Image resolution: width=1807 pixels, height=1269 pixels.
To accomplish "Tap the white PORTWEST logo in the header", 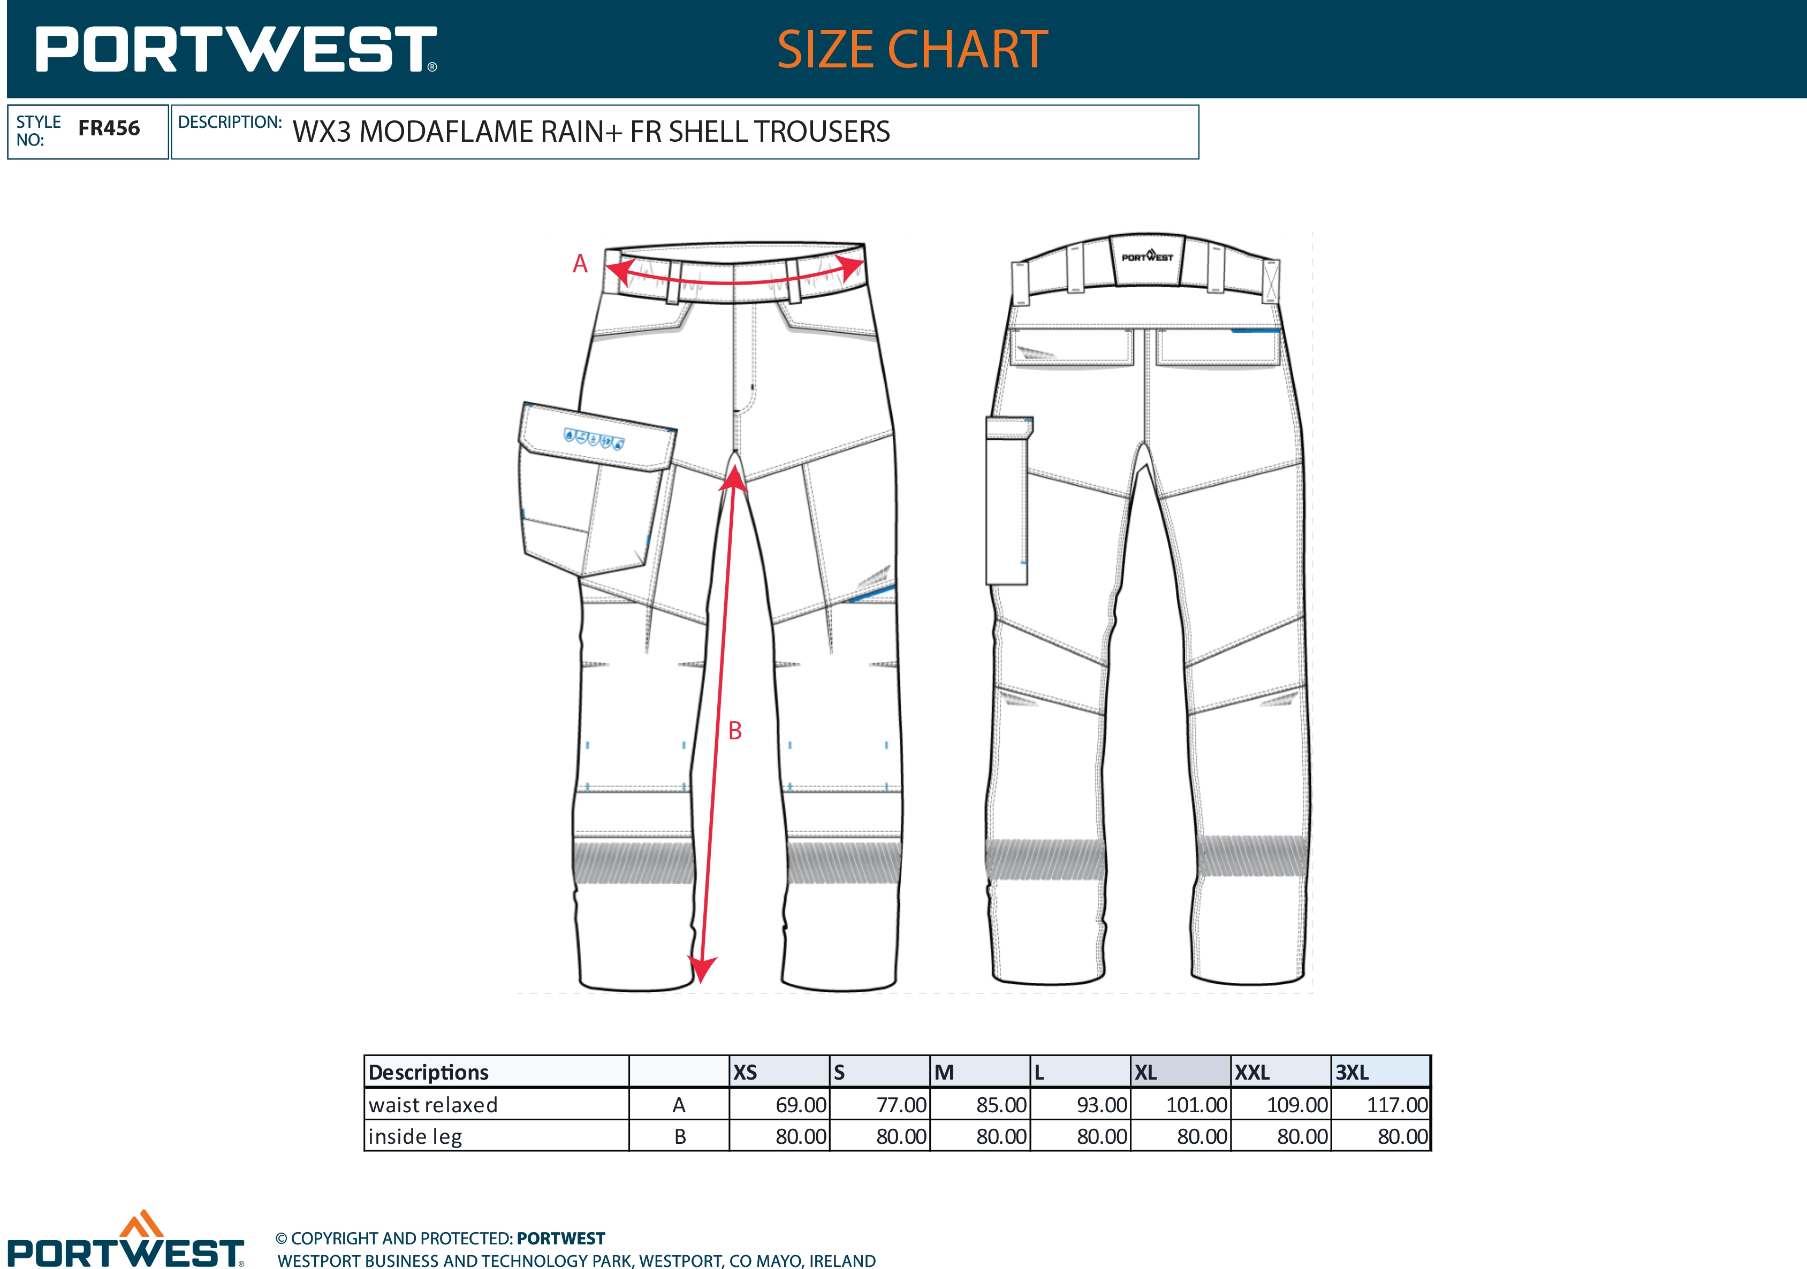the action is [x=236, y=50].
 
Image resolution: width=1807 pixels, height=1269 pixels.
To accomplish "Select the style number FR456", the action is [x=109, y=128].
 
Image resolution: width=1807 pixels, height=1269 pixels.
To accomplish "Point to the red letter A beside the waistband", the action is [x=580, y=264].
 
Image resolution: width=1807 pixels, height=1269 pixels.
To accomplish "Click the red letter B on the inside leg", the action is [x=735, y=731].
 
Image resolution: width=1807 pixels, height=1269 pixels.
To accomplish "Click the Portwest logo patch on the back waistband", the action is [x=1148, y=256].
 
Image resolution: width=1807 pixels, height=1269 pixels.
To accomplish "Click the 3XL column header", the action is [x=1352, y=1072].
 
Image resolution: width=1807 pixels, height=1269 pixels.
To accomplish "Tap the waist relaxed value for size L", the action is [x=1102, y=1105].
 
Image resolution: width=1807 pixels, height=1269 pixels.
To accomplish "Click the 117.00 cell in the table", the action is [x=1397, y=1105].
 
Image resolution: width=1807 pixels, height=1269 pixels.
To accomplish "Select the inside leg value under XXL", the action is [x=1302, y=1136].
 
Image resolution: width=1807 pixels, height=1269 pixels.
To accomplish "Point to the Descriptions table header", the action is [x=428, y=1072].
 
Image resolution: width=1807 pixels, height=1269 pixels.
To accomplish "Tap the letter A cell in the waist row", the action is [x=679, y=1105].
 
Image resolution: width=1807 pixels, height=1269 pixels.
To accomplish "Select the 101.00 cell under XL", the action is [x=1196, y=1105].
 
